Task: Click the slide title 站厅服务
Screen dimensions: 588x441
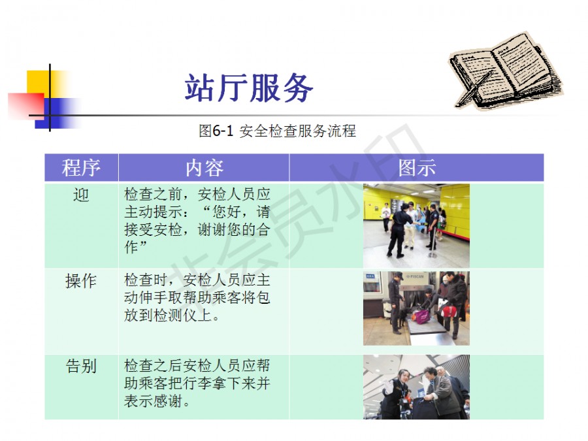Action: click(x=249, y=88)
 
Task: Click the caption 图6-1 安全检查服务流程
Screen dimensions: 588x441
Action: click(x=277, y=131)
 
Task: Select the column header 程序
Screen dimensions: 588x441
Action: click(x=81, y=167)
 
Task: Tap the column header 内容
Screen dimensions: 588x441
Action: click(x=204, y=167)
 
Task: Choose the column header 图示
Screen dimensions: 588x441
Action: click(x=417, y=167)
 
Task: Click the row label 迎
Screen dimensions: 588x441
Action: click(x=81, y=195)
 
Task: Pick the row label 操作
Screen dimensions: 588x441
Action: click(x=81, y=281)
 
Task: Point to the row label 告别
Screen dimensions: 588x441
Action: click(x=81, y=366)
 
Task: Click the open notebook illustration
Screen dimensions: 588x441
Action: click(x=506, y=71)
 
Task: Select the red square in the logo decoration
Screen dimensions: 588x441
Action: click(x=26, y=106)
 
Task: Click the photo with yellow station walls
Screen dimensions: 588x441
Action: click(x=416, y=226)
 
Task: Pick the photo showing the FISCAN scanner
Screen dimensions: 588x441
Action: click(x=416, y=308)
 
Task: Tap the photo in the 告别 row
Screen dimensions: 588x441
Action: click(x=416, y=387)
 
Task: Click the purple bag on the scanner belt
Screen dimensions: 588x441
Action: click(x=422, y=316)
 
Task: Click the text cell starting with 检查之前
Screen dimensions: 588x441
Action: click(x=197, y=221)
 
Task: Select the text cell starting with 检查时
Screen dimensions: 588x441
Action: click(x=197, y=298)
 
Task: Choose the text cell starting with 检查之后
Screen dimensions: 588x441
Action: click(x=197, y=384)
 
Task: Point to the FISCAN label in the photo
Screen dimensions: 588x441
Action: click(x=415, y=276)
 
